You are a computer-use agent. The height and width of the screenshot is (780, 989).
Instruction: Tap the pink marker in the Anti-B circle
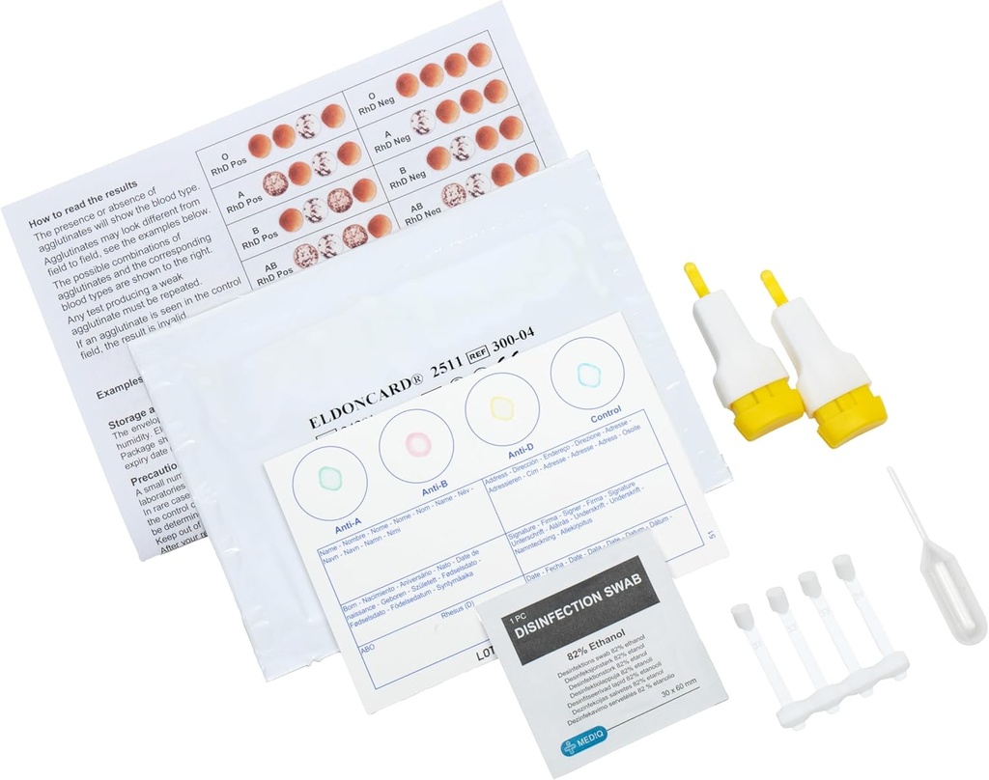click(x=416, y=443)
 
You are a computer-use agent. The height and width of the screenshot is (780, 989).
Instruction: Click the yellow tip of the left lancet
click(x=696, y=277)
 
